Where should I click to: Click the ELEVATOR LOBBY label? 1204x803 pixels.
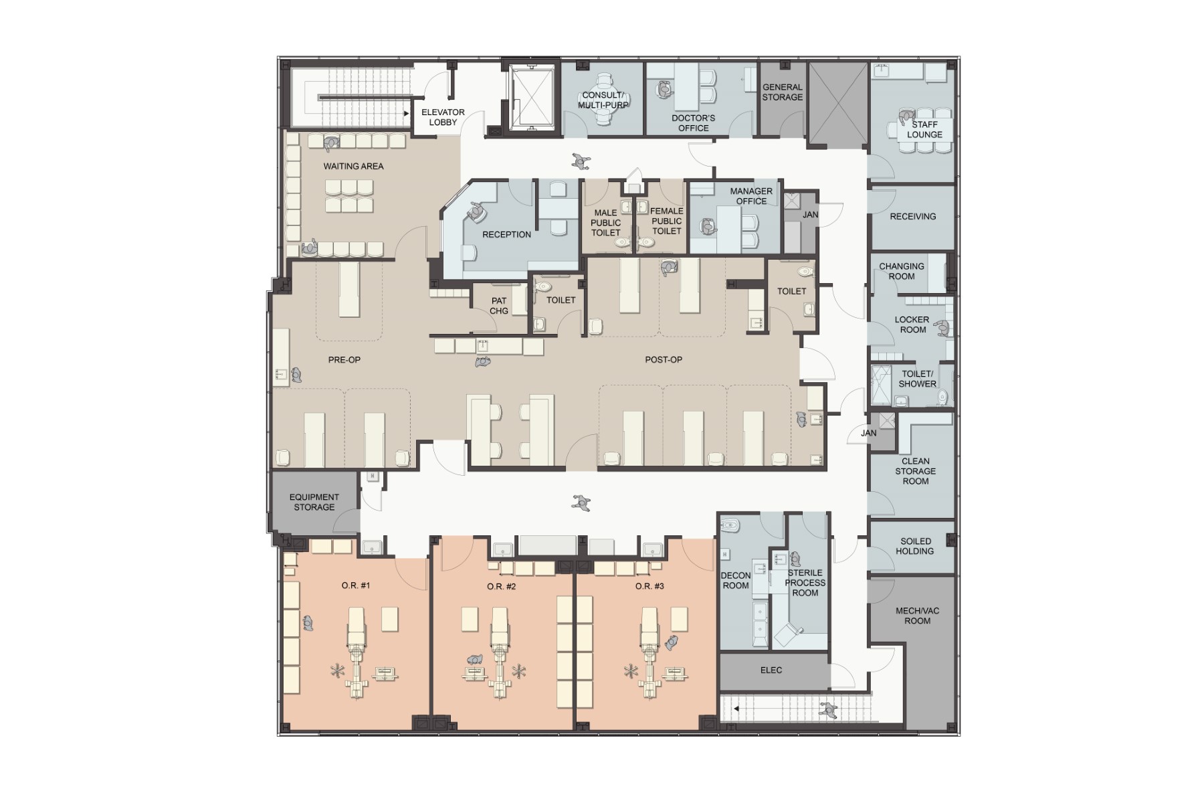443,117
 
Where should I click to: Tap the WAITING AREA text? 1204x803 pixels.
353,166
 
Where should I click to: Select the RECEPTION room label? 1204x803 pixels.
506,235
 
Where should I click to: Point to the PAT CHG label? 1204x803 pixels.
499,306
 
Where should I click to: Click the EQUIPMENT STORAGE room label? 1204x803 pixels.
314,502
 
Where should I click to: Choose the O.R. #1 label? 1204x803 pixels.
355,586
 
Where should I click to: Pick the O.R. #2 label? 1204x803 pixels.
501,586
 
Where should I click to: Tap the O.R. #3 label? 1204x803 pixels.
649,586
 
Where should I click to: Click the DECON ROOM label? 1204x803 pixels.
735,581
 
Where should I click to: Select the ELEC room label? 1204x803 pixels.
771,670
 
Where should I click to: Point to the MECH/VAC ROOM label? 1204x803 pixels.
918,616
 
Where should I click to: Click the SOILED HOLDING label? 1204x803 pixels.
915,546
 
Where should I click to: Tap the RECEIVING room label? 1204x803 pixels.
912,216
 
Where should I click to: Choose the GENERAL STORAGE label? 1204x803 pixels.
783,92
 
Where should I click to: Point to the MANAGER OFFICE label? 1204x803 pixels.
751,196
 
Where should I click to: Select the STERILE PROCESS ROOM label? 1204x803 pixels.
805,583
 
